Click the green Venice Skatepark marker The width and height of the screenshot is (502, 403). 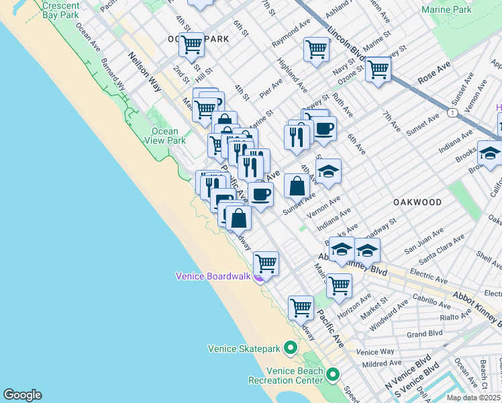(290, 348)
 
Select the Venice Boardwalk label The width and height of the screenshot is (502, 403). (213, 276)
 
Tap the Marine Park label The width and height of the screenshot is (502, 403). (446, 9)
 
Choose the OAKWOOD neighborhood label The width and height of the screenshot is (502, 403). (417, 202)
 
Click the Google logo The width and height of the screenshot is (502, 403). (22, 395)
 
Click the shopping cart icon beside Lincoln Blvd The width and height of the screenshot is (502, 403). (379, 69)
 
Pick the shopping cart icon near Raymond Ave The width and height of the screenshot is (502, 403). (316, 49)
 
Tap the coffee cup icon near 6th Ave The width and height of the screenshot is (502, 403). (324, 128)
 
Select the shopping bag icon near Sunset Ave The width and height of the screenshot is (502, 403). (297, 185)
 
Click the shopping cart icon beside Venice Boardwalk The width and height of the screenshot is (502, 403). (266, 263)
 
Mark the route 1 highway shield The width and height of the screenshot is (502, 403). (454, 111)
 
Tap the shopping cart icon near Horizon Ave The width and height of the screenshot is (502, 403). (339, 285)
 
